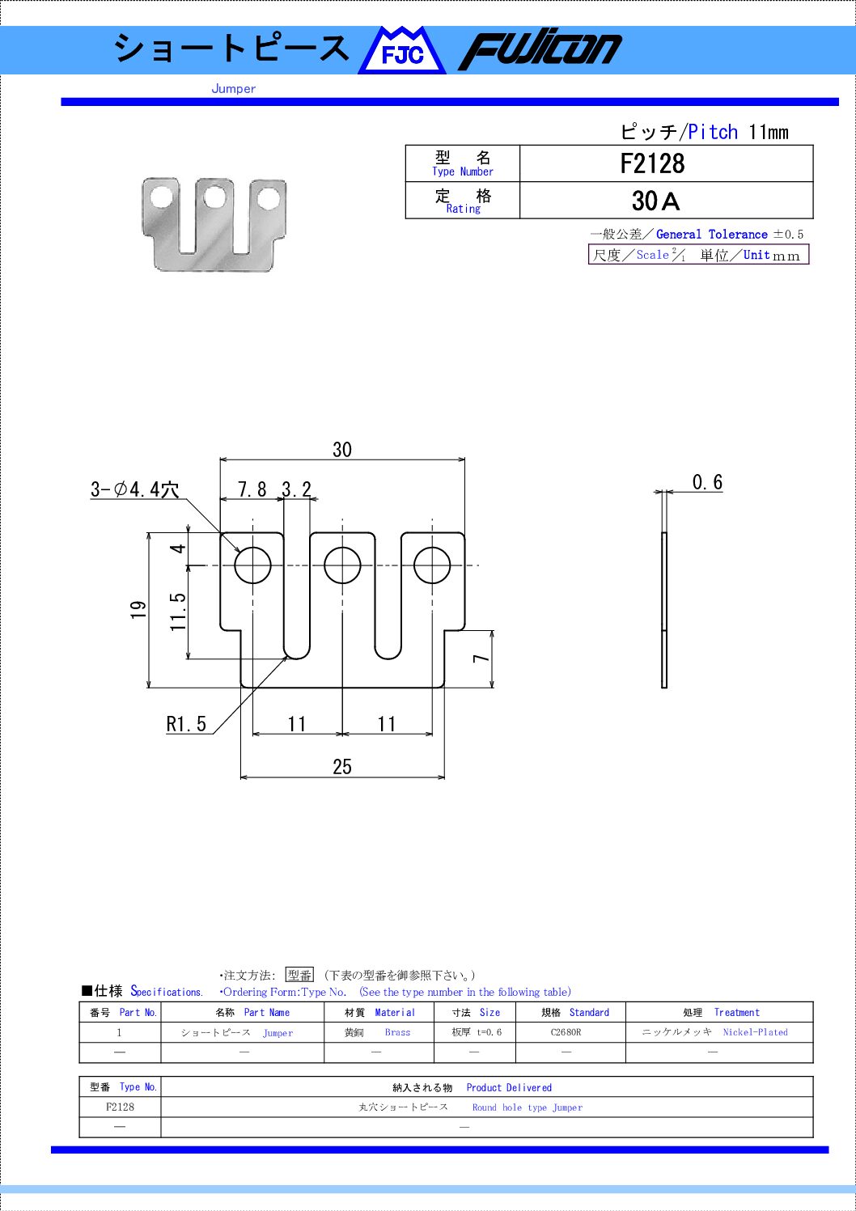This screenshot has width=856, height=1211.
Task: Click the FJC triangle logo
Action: click(402, 51)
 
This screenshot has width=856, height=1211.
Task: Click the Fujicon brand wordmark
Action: click(540, 51)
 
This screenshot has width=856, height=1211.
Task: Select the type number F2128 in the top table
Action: click(652, 163)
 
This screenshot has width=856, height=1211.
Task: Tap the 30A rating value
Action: click(655, 201)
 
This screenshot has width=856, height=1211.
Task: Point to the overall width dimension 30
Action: click(342, 450)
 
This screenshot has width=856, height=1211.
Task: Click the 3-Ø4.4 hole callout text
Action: click(134, 489)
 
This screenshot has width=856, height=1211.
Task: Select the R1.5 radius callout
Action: click(186, 724)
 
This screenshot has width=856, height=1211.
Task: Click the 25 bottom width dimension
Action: click(342, 767)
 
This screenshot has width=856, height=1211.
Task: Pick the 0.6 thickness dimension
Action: click(707, 482)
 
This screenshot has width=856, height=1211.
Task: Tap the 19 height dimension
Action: click(139, 610)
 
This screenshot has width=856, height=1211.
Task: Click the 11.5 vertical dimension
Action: click(178, 612)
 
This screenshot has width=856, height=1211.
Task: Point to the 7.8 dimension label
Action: click(252, 489)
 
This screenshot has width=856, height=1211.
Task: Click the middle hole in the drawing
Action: click(342, 565)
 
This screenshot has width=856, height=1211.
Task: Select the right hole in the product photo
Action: click(269, 198)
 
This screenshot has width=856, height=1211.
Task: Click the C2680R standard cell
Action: click(566, 1032)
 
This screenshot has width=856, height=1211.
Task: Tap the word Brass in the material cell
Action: click(397, 1032)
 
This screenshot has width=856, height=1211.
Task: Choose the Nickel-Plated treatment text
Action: click(755, 1032)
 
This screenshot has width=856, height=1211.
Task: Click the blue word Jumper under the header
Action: click(234, 89)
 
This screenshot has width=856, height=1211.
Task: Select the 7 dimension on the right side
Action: click(481, 658)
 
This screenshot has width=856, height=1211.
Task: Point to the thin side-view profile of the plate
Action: click(664, 611)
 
